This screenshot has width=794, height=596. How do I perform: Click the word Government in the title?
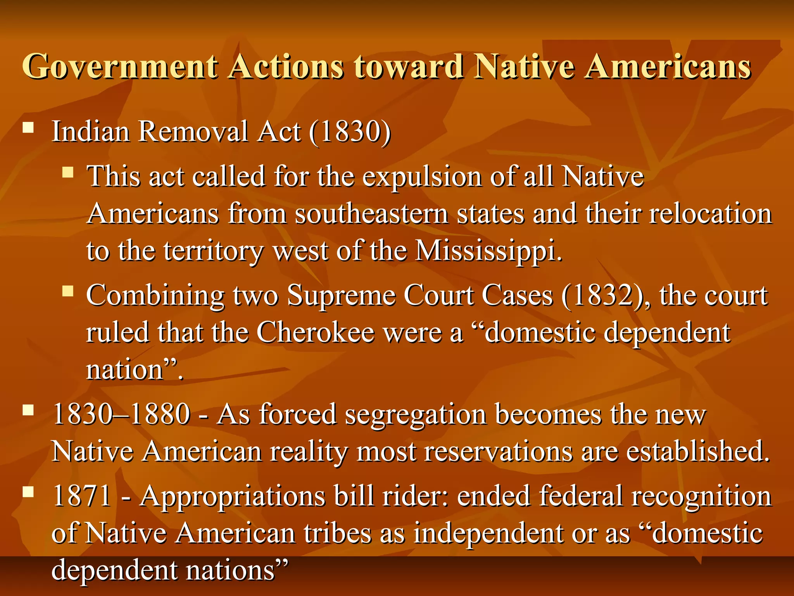[120, 67]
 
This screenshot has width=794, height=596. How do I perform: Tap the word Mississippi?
[488, 251]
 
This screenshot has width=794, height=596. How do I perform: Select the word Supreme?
[341, 296]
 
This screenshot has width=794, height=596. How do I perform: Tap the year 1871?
[83, 496]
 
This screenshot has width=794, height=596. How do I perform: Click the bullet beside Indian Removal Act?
[28, 128]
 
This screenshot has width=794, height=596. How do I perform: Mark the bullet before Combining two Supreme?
[68, 291]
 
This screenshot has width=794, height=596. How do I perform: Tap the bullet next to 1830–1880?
[28, 411]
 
